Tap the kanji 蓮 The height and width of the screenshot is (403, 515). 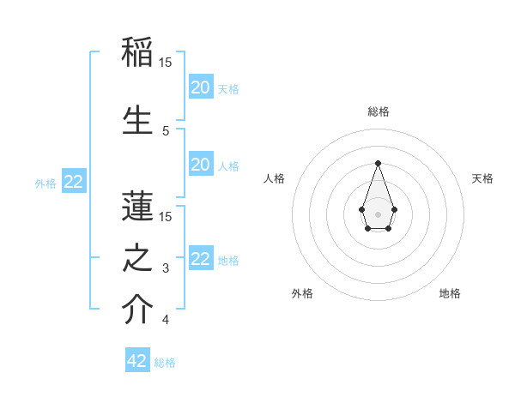click(x=137, y=207)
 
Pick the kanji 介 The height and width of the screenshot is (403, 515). click(x=137, y=310)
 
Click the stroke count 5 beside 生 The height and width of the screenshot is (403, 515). click(x=166, y=131)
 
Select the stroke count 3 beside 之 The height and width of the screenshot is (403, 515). click(x=166, y=269)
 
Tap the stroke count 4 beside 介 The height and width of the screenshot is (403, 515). click(x=166, y=321)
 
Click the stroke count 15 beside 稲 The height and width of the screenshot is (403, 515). click(x=166, y=62)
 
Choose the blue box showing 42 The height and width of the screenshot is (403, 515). click(x=137, y=361)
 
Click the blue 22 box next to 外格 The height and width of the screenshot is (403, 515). click(x=73, y=182)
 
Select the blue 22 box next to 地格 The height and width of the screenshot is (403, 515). click(x=200, y=259)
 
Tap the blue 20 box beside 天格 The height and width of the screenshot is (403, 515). click(x=200, y=87)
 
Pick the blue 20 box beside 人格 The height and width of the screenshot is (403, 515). click(x=200, y=165)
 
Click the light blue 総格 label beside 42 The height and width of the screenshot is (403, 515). click(x=165, y=363)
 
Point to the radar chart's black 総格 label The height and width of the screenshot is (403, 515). click(x=378, y=111)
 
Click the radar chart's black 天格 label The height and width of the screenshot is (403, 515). click(x=482, y=178)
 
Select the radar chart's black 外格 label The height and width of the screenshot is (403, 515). click(x=302, y=293)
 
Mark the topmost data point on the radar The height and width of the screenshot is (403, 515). click(x=378, y=162)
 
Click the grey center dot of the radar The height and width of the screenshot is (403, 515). click(x=378, y=214)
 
